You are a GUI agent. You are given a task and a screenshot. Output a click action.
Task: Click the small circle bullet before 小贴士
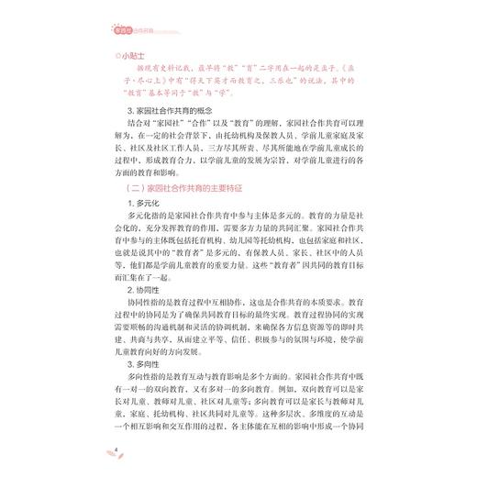(x=109, y=55)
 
